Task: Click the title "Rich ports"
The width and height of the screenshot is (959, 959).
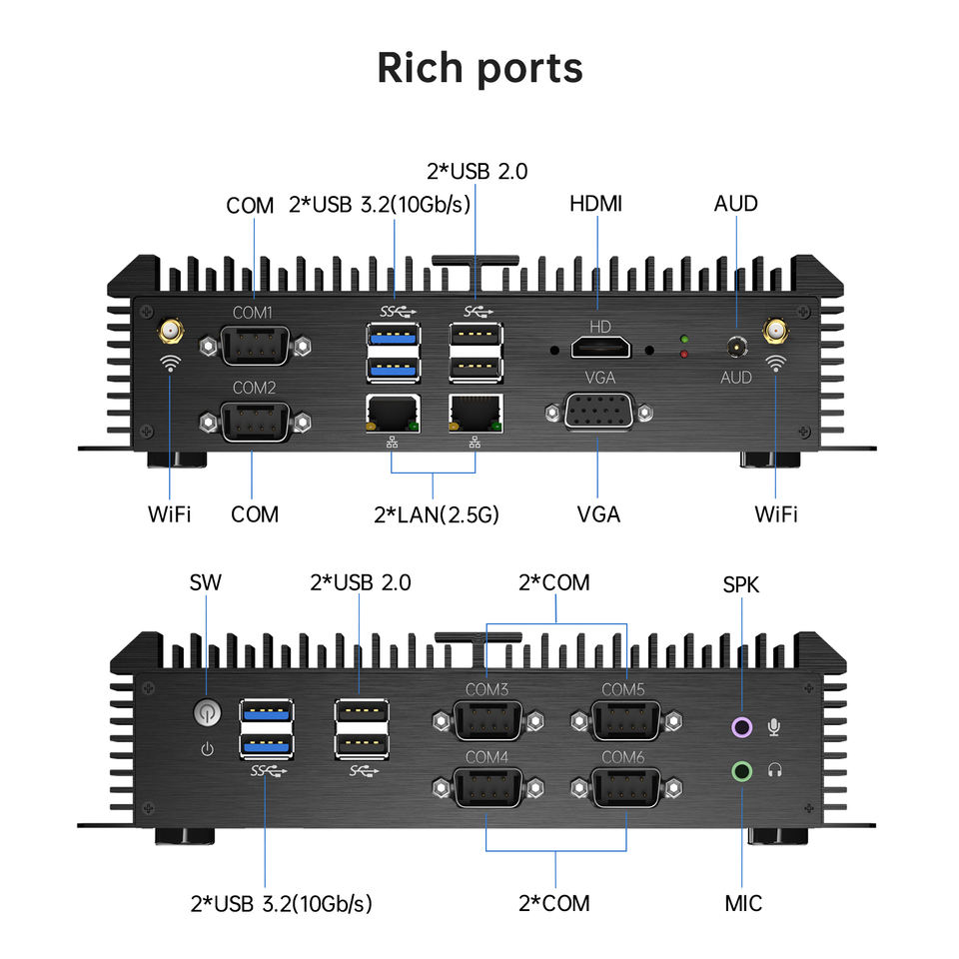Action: point(480,69)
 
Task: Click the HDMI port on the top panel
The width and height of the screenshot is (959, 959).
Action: point(600,348)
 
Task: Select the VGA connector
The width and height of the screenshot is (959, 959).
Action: point(598,411)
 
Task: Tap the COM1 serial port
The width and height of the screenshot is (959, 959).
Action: point(255,347)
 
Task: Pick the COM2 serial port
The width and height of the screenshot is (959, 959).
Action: point(255,422)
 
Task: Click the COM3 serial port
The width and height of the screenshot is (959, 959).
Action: point(487,721)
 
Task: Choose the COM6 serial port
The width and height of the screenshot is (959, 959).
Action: point(625,788)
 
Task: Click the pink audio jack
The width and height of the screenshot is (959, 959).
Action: point(742,727)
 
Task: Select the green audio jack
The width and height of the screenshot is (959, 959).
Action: point(742,770)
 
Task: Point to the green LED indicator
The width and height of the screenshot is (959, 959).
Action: point(684,339)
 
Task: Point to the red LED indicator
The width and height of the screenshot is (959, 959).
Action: point(684,354)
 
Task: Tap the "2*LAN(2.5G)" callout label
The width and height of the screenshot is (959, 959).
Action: point(437,515)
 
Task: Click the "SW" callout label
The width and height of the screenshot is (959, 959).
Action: point(206,582)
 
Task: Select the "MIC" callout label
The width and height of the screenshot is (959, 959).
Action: point(743,903)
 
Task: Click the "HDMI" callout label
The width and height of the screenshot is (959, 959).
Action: point(595,204)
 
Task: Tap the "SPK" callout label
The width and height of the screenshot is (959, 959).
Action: point(740,584)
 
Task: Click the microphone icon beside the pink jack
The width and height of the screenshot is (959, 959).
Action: point(773,726)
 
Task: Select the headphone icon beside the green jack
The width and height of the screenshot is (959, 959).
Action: point(775,770)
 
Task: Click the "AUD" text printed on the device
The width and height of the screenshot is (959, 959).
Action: point(736,378)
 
